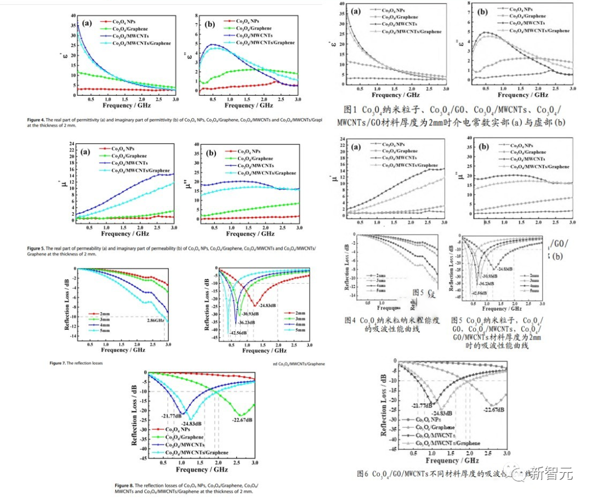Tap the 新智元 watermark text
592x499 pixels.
pos(554,475)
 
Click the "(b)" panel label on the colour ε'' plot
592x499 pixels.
pos(209,25)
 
